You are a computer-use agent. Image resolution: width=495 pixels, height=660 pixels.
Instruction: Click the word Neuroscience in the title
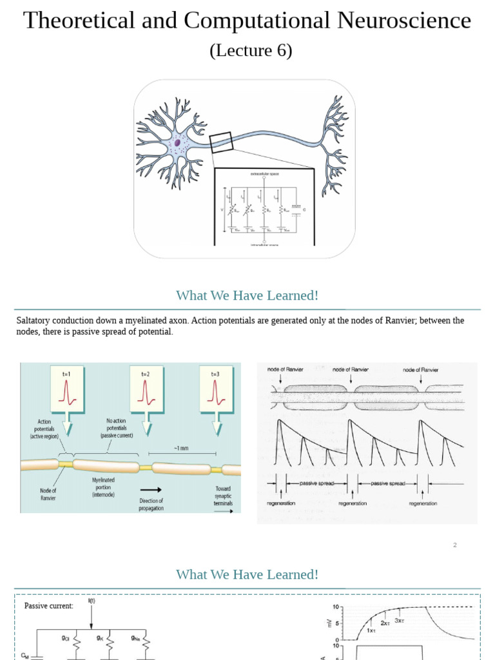(x=402, y=21)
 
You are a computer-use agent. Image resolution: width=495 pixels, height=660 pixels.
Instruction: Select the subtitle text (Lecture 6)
(x=251, y=50)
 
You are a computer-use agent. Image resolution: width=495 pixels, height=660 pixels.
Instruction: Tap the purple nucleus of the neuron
(x=177, y=143)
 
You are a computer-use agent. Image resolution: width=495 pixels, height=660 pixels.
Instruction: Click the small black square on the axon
(x=220, y=142)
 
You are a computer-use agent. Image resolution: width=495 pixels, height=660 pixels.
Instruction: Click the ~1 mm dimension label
(x=180, y=448)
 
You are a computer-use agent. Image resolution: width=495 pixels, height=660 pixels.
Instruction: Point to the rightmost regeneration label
(x=422, y=503)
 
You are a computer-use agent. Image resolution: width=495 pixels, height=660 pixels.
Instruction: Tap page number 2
(x=454, y=545)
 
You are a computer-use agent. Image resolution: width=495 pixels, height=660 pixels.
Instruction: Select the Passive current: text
(x=49, y=606)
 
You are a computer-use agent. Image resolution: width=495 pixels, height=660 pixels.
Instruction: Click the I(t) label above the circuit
(x=92, y=601)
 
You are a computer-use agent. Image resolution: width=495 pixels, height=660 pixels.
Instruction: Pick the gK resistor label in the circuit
(x=101, y=638)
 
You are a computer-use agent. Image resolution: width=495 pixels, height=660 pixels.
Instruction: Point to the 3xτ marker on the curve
(x=400, y=621)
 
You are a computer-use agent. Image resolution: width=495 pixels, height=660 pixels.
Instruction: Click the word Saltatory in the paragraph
(x=34, y=320)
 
